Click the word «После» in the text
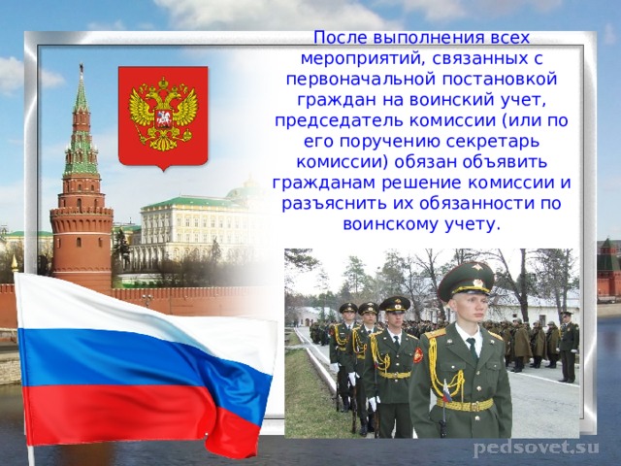click(339, 37)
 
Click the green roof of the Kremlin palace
click(194, 202)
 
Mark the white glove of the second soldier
click(374, 403)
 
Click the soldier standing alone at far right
click(568, 346)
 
